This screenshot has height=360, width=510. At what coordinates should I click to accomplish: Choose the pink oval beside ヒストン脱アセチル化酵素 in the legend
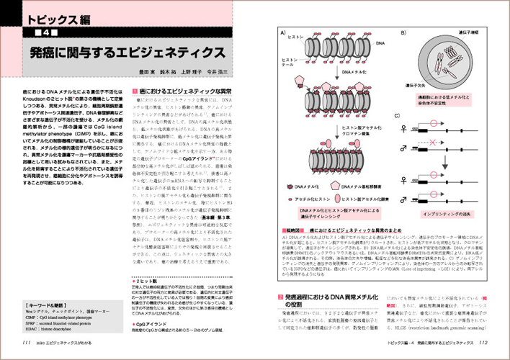pyautogui.click(x=349, y=197)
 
